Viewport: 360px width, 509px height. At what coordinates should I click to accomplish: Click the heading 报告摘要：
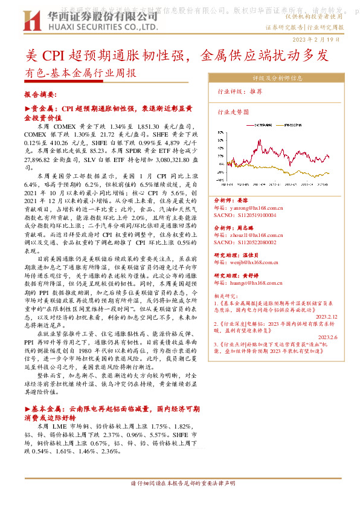(40, 95)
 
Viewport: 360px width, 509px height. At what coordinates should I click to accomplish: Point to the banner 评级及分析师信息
(277, 78)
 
